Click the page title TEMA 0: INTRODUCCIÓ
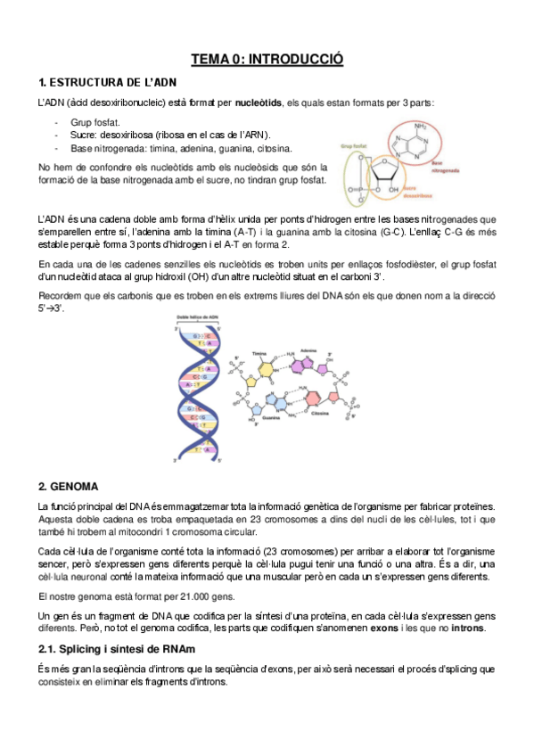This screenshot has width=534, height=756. coord(267,60)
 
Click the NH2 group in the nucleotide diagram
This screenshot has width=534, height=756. coord(421,126)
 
